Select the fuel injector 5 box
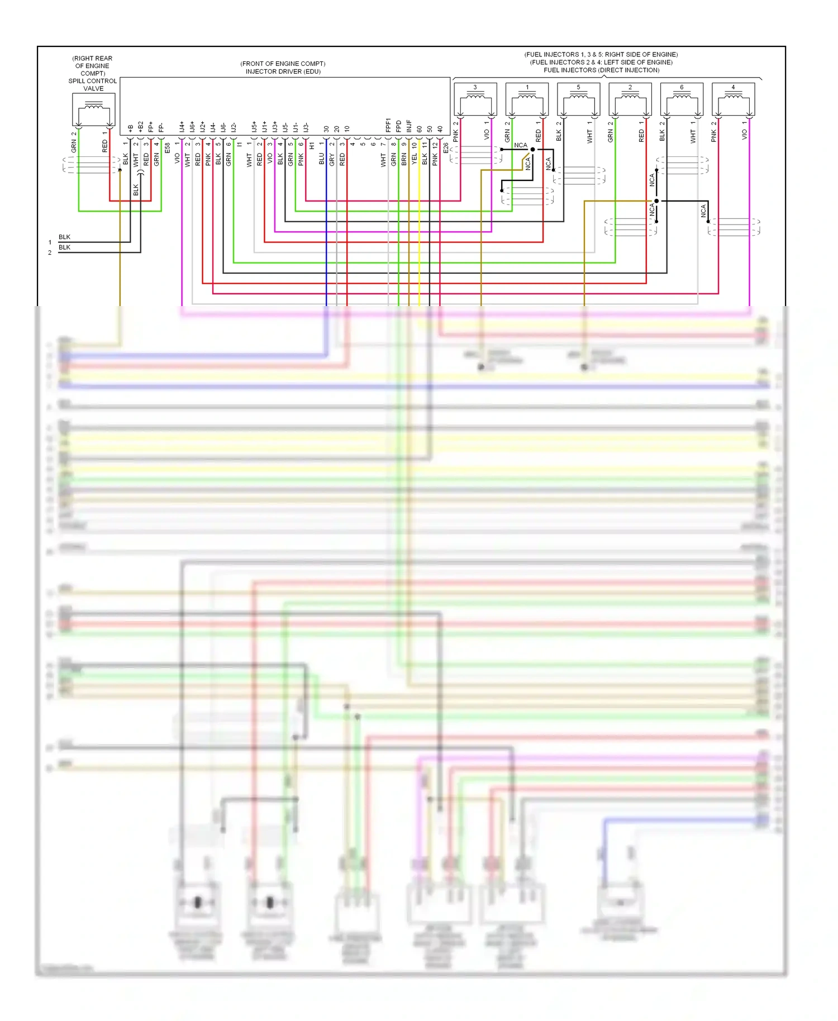(x=578, y=99)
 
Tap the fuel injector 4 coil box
(x=733, y=99)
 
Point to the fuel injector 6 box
(x=682, y=99)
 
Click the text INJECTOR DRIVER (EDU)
(x=283, y=71)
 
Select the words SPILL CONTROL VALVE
(x=93, y=85)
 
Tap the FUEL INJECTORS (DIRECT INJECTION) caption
(x=601, y=70)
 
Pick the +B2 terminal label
(x=140, y=126)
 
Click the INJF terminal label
(x=409, y=126)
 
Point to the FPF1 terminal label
(x=388, y=125)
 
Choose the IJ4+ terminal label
(x=182, y=127)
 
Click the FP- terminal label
(x=161, y=127)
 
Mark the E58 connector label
(x=167, y=148)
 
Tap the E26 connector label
(x=446, y=148)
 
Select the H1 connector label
(x=312, y=146)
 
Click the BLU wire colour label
(x=322, y=159)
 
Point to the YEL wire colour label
(x=415, y=159)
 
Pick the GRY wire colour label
(x=332, y=160)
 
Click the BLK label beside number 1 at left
(x=64, y=237)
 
